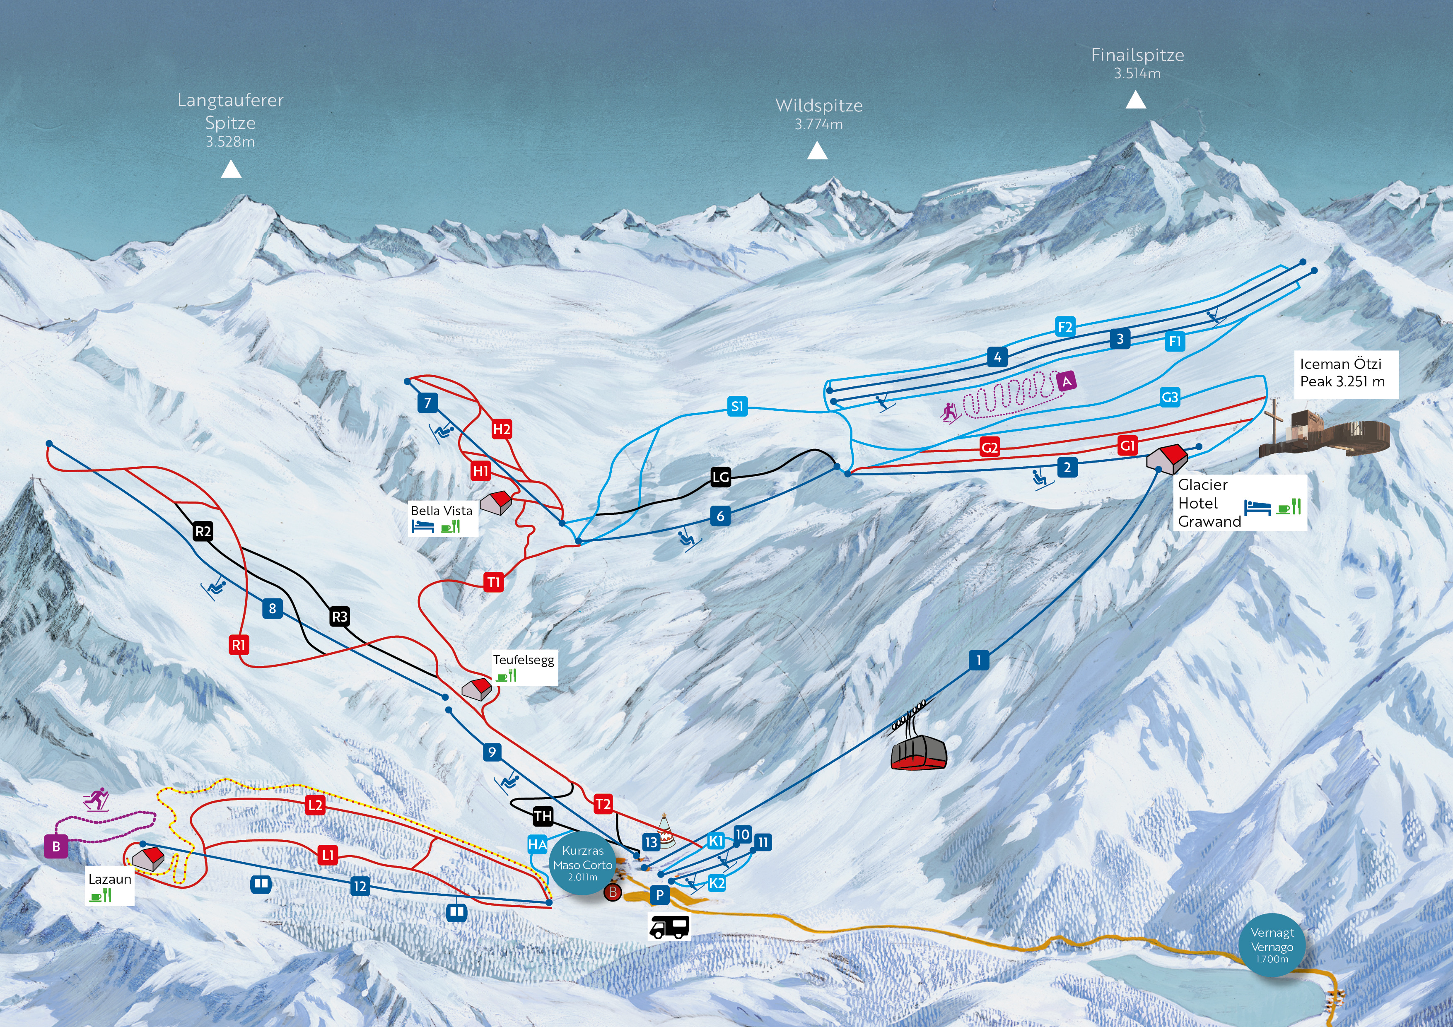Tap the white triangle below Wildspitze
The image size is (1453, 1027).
pos(817,151)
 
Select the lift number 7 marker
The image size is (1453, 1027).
pos(428,403)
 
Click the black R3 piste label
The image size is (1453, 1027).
pos(339,616)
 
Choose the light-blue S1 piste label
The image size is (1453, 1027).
pos(737,406)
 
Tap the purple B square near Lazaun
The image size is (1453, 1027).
pos(56,846)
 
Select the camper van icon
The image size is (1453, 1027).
pos(669,928)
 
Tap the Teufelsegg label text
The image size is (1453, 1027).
pos(524,660)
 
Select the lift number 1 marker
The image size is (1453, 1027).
pos(978,661)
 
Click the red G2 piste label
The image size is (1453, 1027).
pos(990,448)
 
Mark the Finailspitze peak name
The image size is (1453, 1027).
pos(1137,55)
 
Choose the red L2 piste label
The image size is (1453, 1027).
pos(315,805)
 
